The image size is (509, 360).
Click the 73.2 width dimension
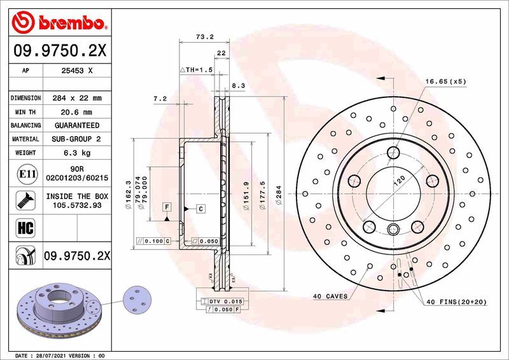point(204,38)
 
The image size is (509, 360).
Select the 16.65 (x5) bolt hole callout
point(446,81)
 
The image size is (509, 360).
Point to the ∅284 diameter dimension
point(279,193)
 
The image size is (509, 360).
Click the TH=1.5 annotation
point(195,69)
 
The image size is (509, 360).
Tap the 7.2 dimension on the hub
point(160,99)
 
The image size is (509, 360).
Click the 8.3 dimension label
point(238,85)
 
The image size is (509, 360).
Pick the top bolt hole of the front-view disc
point(394,152)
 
